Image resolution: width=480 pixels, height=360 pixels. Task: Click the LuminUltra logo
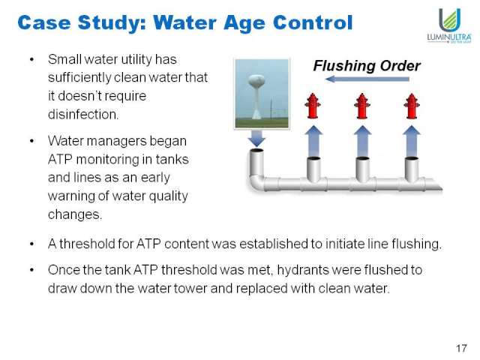click(x=449, y=25)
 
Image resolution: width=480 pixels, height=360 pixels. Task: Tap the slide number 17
click(x=461, y=348)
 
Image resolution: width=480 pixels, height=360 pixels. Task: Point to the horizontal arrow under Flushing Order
click(x=367, y=79)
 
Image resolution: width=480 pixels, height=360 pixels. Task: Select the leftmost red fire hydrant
click(x=313, y=106)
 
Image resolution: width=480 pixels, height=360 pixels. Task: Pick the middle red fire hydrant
click(x=361, y=106)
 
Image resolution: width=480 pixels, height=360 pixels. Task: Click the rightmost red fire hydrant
click(x=412, y=106)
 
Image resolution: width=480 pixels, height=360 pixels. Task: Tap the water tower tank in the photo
click(x=256, y=81)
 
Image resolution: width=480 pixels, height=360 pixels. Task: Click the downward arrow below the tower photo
click(x=256, y=138)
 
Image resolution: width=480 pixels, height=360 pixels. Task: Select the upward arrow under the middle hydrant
click(x=362, y=141)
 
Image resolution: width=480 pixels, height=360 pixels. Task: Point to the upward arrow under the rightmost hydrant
click(x=412, y=141)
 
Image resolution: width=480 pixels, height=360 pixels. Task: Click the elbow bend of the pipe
click(x=256, y=183)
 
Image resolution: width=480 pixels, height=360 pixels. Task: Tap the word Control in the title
click(x=313, y=22)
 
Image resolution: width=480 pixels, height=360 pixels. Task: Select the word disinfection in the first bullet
click(x=83, y=115)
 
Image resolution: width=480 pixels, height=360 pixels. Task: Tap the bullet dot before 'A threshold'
click(x=31, y=244)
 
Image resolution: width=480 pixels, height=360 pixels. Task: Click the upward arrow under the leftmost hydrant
click(x=313, y=141)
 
